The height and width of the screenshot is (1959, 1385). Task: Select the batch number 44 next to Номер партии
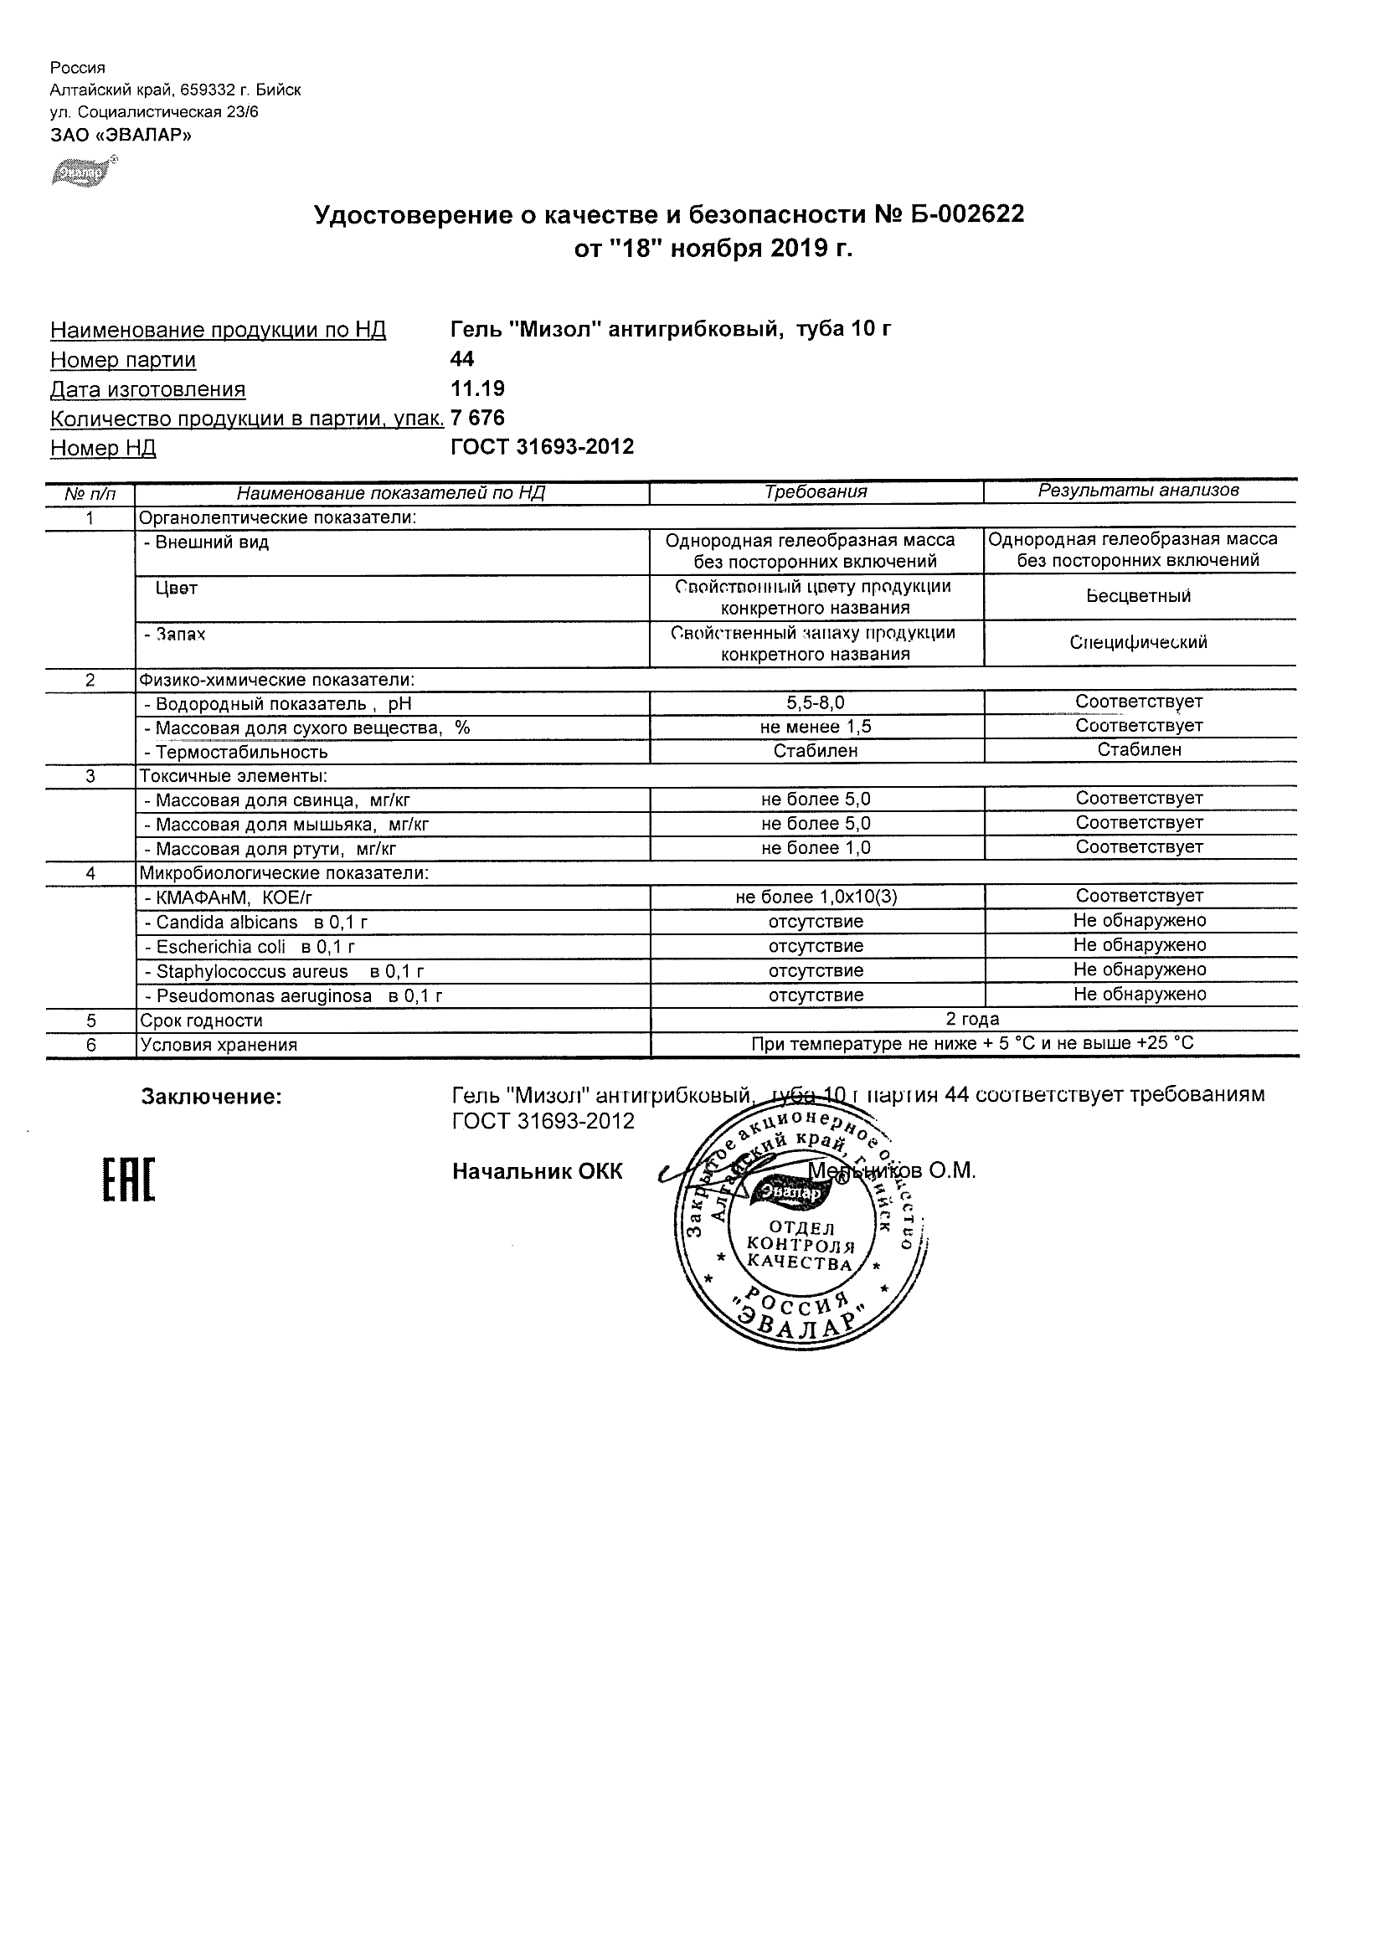pyautogui.click(x=461, y=359)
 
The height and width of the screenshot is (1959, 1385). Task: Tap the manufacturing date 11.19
pyautogui.click(x=477, y=389)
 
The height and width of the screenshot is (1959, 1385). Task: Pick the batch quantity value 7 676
pyautogui.click(x=477, y=418)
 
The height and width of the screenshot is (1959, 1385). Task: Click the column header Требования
pyautogui.click(x=815, y=491)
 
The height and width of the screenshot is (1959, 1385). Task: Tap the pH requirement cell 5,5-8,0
pyautogui.click(x=815, y=702)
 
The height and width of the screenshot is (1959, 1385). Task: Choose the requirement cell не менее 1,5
pyautogui.click(x=815, y=726)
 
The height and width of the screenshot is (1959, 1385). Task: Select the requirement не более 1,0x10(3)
pyautogui.click(x=815, y=897)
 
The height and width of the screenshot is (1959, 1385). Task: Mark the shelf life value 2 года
pyautogui.click(x=972, y=1019)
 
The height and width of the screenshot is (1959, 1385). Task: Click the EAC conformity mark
pyautogui.click(x=129, y=1180)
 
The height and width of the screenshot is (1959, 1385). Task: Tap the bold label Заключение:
pyautogui.click(x=211, y=1098)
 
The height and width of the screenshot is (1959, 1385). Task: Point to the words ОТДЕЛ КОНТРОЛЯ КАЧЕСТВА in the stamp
pyautogui.click(x=799, y=1246)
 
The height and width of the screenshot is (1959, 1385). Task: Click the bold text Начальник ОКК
pyautogui.click(x=537, y=1172)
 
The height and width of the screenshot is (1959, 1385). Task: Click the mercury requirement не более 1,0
pyautogui.click(x=815, y=848)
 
